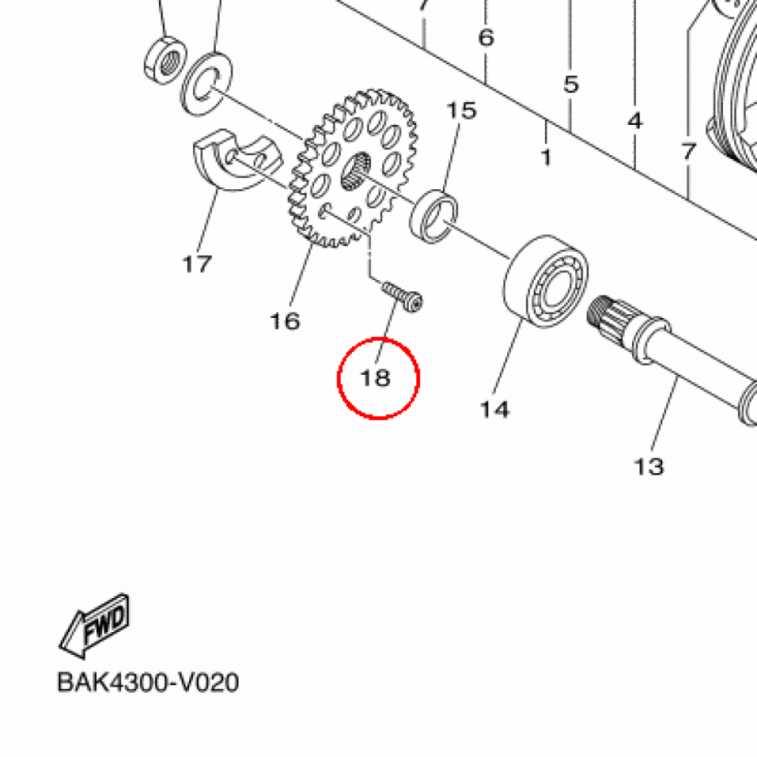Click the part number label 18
(x=376, y=378)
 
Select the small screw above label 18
(x=402, y=296)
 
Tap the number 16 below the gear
(x=285, y=321)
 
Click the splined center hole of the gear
(x=356, y=171)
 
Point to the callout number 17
(x=197, y=264)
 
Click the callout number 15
(x=461, y=111)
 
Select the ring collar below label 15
(x=433, y=217)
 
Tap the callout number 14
(x=495, y=410)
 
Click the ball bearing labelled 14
(x=546, y=282)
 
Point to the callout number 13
(x=649, y=466)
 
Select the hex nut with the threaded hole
(x=165, y=60)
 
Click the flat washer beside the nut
(x=206, y=84)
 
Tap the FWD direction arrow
(x=95, y=625)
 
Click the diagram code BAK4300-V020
(x=148, y=682)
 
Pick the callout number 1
(x=546, y=157)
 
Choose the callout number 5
(x=571, y=84)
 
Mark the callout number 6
(x=486, y=37)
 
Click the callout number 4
(x=635, y=120)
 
